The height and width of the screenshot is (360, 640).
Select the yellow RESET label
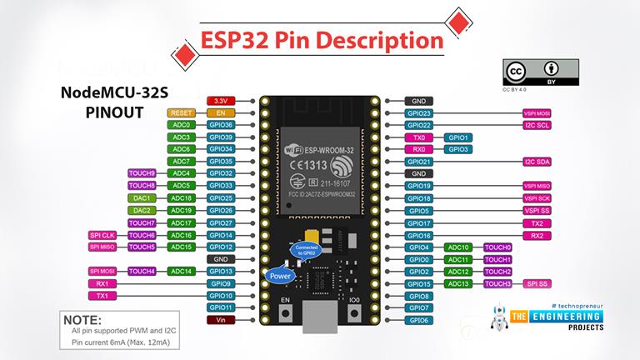[182, 112]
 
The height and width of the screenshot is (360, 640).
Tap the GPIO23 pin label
[417, 112]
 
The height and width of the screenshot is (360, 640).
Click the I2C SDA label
[537, 161]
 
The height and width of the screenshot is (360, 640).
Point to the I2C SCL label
[537, 125]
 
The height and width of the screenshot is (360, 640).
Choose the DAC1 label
[141, 198]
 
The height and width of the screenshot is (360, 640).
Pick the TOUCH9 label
[141, 173]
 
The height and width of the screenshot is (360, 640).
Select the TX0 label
[417, 137]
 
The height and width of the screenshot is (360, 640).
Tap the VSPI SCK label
[537, 198]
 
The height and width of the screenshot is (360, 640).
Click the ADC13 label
[458, 283]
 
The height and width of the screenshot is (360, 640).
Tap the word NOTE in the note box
[82, 319]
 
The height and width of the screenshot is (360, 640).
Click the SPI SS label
[537, 283]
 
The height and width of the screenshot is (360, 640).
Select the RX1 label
[101, 283]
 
